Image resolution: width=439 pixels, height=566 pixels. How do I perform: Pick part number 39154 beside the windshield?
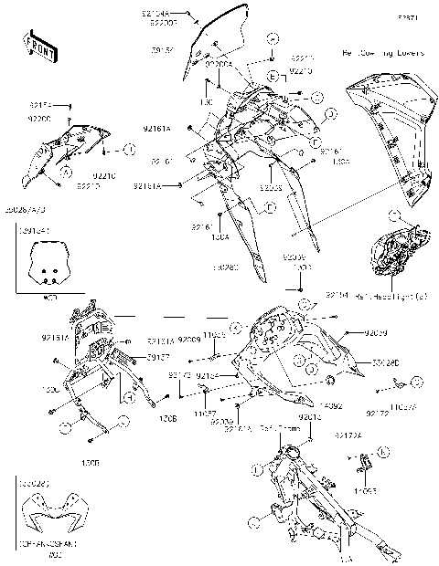pos(162,50)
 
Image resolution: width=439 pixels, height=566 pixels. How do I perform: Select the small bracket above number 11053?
pos(363,465)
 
